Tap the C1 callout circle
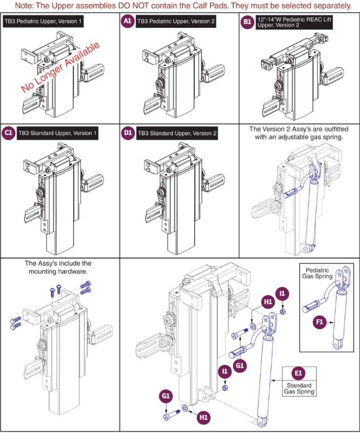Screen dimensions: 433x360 tap(8, 133)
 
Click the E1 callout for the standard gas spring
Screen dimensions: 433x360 tap(298, 373)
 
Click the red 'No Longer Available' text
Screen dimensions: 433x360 tap(60, 67)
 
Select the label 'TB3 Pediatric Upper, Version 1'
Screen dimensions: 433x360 tap(43, 22)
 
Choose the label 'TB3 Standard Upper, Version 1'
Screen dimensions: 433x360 tap(57, 133)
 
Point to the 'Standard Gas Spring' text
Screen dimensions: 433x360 tap(299, 389)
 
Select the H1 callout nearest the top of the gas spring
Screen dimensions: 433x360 tap(268, 302)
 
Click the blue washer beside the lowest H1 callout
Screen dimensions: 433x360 tap(185, 408)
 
